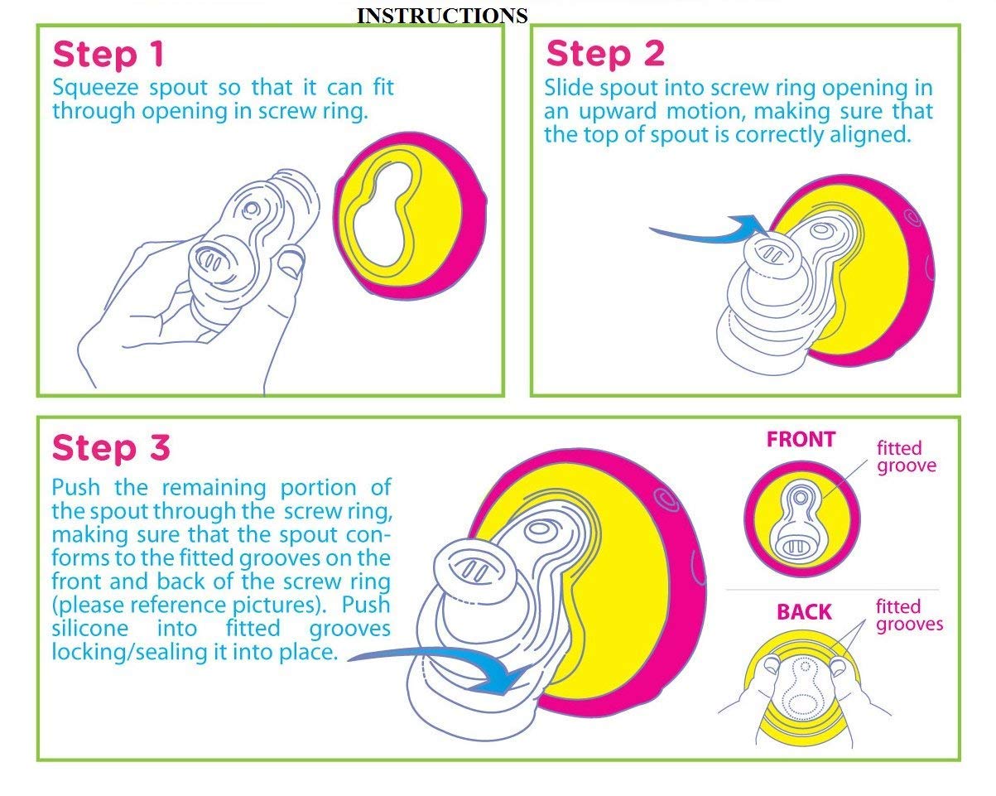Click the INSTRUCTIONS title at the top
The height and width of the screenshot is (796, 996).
(442, 16)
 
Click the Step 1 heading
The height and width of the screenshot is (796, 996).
(108, 55)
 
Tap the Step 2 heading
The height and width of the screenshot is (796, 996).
(605, 54)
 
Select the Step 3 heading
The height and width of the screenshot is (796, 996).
(112, 447)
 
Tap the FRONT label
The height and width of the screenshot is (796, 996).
(801, 439)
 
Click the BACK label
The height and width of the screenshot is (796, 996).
(804, 611)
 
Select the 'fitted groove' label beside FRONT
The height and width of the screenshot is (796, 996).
(906, 456)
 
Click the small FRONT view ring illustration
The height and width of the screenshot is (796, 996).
(802, 519)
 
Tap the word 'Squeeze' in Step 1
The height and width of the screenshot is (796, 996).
(95, 88)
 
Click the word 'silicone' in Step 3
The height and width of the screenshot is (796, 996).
(89, 629)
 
